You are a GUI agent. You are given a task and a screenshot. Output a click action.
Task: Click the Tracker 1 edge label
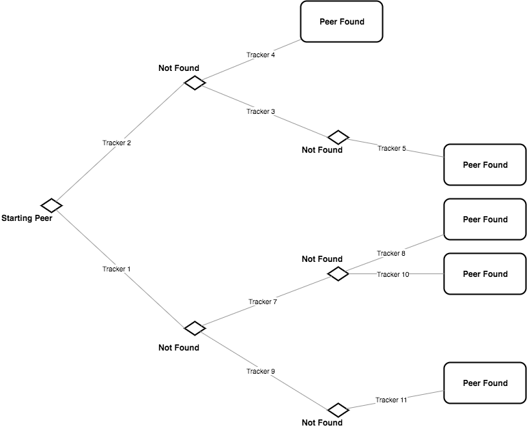pos(117,269)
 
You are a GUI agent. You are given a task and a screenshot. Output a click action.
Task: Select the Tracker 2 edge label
pos(117,143)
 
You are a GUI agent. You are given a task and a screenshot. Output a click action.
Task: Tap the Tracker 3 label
pos(261,111)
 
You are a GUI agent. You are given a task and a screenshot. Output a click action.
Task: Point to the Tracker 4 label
pos(261,55)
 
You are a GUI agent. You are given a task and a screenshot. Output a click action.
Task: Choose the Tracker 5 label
pos(392,148)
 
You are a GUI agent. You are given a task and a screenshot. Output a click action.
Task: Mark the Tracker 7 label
pos(263,301)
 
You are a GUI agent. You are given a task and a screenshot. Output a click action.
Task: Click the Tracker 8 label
pos(391,254)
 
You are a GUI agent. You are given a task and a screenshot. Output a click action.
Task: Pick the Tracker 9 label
pos(261,372)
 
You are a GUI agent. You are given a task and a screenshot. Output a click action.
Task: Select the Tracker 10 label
pos(393,274)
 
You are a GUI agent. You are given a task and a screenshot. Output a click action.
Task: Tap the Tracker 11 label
pos(391,400)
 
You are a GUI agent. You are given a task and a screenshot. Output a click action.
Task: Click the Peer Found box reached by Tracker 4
pos(341,22)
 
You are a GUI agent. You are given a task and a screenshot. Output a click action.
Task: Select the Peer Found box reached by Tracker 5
pos(485,165)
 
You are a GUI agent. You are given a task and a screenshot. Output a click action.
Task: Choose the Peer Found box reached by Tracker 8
pos(485,220)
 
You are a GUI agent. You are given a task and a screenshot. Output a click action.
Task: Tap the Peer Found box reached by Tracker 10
pos(485,274)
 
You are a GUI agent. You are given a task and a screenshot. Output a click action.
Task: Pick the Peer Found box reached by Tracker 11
pos(485,383)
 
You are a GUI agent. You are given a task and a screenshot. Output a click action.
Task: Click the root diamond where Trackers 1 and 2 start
pos(51,205)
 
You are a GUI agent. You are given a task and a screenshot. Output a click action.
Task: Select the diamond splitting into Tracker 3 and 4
pos(195,83)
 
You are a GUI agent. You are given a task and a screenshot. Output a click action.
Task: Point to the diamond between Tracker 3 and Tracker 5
pos(338,138)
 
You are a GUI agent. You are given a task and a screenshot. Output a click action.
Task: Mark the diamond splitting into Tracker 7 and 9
pos(195,328)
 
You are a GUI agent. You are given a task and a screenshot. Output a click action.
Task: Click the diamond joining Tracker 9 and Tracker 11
pos(338,410)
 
